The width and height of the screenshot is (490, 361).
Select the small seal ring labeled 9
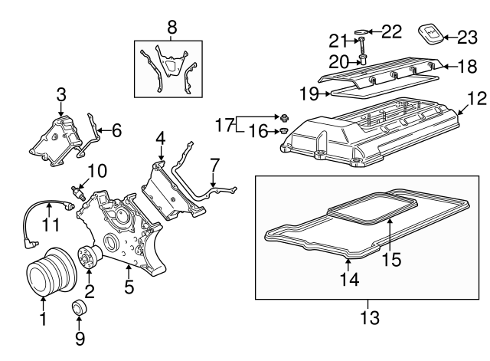tap(80, 309)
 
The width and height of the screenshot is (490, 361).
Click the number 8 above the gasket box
tap(171, 28)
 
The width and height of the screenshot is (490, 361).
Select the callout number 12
tap(477, 98)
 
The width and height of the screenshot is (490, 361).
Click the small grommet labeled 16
tap(283, 132)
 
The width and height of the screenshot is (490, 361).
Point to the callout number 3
tap(61, 95)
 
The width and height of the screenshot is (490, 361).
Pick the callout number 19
tap(309, 94)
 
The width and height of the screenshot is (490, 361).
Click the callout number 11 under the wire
tap(50, 225)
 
